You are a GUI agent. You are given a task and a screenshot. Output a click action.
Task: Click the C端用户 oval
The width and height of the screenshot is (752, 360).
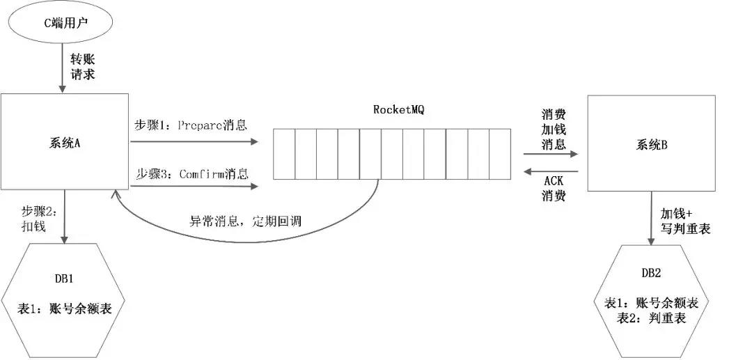pyautogui.click(x=61, y=23)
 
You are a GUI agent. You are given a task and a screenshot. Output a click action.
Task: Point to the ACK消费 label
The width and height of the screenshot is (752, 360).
pyautogui.click(x=553, y=189)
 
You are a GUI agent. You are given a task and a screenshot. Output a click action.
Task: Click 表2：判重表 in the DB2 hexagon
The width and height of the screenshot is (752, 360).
pyautogui.click(x=652, y=318)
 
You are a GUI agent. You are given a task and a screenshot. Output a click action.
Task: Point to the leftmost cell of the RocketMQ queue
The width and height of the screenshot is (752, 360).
pyautogui.click(x=284, y=153)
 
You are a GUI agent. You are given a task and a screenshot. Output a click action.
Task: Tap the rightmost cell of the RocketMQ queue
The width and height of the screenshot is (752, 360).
pyautogui.click(x=500, y=153)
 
